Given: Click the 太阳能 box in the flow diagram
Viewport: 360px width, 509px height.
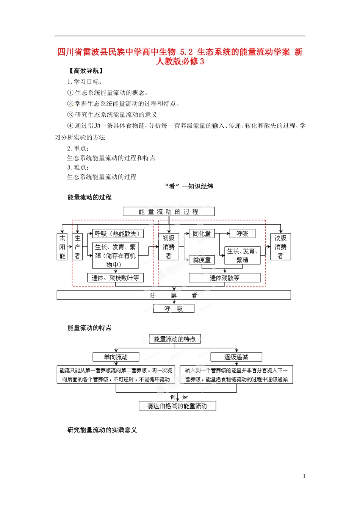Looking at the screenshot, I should (62, 247).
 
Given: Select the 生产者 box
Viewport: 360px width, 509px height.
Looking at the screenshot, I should (77, 247).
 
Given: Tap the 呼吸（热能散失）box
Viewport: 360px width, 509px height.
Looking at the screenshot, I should (118, 234).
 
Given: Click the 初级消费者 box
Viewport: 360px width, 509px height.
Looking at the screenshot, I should (169, 247).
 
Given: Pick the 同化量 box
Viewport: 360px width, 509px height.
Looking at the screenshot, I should (201, 234).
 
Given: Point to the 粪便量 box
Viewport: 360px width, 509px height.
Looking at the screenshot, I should (202, 260).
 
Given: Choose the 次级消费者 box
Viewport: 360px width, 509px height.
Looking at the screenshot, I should (280, 247).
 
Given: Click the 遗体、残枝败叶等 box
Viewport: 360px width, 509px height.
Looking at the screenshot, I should (115, 278).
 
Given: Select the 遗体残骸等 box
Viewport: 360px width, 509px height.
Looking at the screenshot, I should (224, 278).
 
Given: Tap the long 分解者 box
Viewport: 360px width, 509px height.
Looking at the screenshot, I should (174, 295).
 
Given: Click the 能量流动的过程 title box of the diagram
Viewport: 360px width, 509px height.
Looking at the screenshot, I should (169, 211).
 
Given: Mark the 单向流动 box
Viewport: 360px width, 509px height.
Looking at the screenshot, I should (116, 357).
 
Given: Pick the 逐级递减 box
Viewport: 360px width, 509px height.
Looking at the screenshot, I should (236, 357).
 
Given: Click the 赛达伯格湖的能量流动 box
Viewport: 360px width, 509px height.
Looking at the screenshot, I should (177, 406).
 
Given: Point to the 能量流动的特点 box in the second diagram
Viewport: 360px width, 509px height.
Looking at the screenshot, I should (175, 339).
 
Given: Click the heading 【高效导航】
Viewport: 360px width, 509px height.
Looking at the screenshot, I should (86, 71).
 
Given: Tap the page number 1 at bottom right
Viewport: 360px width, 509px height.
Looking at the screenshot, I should (304, 476).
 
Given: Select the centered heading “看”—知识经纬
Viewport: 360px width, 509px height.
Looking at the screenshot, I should (189, 186).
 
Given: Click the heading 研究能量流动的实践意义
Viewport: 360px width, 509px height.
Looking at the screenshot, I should (102, 430).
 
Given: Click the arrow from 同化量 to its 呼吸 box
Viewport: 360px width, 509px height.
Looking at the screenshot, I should (222, 234).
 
